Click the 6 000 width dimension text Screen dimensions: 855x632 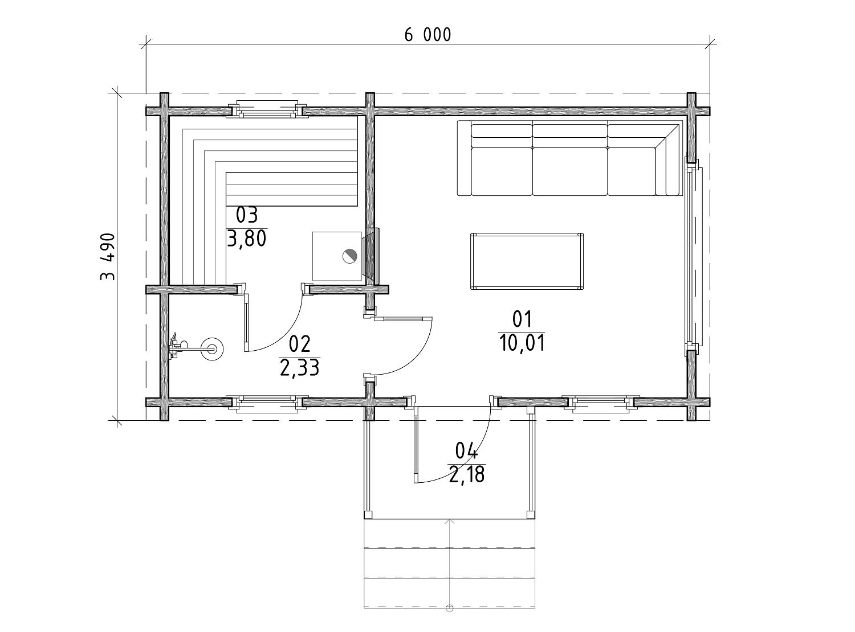427,35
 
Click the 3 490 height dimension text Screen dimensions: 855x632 108,257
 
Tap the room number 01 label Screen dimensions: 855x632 522,319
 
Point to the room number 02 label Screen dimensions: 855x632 299,344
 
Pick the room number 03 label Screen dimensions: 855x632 246,215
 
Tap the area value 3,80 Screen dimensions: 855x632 246,239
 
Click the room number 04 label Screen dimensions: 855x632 466,450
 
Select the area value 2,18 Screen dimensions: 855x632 466,474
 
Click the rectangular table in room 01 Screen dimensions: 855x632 527,261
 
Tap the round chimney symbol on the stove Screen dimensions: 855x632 349,256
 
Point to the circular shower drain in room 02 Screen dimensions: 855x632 212,350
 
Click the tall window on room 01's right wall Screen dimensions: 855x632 694,256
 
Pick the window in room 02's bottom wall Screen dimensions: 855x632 267,404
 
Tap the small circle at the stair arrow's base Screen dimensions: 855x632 449,608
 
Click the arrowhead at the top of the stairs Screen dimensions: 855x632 450,522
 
